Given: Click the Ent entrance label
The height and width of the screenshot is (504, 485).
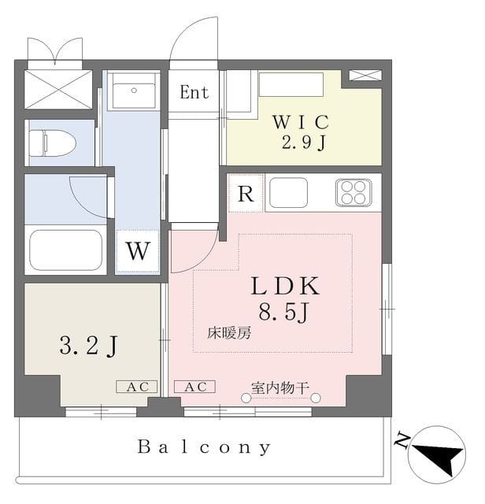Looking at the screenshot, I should coord(194,92).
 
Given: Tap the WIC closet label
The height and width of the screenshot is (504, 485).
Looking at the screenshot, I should coord(300,122).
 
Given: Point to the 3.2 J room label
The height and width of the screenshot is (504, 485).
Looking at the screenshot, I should coord(88,345).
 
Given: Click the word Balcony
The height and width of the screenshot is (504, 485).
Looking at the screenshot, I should coord(204,448).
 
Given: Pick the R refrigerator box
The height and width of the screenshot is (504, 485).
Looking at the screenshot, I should coord(246,194).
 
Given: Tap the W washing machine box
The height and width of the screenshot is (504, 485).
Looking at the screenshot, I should coord(138,252).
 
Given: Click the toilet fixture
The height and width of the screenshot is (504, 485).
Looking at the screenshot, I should coord(52,143).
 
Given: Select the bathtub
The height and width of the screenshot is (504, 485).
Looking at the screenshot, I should coord(65,250).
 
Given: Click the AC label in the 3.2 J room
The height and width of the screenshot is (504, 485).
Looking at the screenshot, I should coord(137,387).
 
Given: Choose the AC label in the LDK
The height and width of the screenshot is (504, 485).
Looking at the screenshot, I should coord(194,387).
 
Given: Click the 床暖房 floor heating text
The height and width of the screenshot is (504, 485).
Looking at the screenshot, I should coord(229,333).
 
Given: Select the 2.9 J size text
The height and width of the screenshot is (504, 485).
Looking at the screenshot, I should coord(300,144).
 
